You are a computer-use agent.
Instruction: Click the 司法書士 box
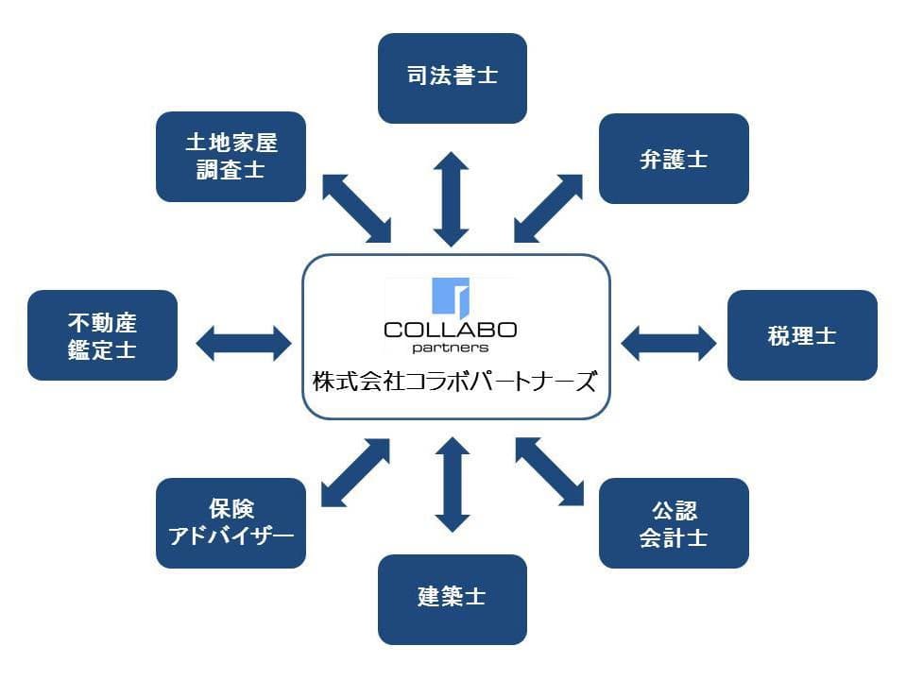point(452,77)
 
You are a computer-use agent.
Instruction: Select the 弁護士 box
point(674,159)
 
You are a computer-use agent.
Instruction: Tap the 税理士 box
point(802,335)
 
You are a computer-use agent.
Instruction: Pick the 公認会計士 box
point(674,523)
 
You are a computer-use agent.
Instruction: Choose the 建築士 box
point(452,599)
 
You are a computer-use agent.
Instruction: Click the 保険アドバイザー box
point(231,523)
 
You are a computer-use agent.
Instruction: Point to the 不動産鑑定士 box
point(102,335)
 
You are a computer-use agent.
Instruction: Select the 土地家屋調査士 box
point(231,157)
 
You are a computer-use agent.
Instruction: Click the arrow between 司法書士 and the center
point(452,198)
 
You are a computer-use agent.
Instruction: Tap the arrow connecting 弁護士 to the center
point(549,208)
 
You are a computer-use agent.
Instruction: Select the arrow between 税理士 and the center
point(669,342)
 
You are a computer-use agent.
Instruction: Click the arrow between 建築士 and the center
point(452,484)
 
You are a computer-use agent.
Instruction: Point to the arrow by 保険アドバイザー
point(355,471)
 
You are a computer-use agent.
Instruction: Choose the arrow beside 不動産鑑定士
point(243,342)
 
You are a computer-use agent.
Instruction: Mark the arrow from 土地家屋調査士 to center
point(355,208)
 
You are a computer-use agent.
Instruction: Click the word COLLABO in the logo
point(451,330)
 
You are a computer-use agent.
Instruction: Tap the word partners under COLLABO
point(451,348)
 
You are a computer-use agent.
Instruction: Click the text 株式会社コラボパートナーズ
point(455,382)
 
